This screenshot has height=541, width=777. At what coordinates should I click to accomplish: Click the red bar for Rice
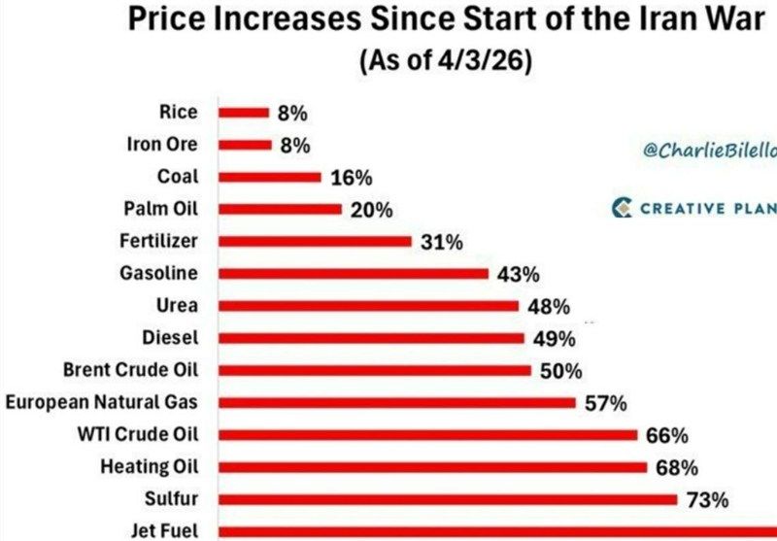click(x=244, y=113)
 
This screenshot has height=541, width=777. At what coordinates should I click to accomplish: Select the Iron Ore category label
click(x=162, y=145)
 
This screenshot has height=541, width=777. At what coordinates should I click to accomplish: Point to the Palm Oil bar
click(x=281, y=209)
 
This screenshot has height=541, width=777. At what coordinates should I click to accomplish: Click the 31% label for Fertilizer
click(x=439, y=242)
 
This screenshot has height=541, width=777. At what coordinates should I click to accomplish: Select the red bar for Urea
click(x=369, y=305)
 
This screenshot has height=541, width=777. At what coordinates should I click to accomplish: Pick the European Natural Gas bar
click(x=397, y=402)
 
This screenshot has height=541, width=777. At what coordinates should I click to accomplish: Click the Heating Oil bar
click(x=432, y=467)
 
